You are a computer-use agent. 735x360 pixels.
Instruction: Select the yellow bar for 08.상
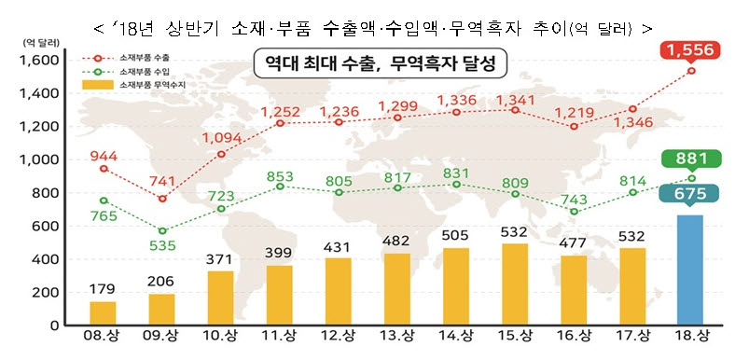104,313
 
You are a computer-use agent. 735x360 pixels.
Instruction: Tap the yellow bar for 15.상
515,284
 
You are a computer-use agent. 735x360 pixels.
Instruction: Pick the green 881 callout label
691,159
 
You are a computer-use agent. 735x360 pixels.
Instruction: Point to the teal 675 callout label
691,194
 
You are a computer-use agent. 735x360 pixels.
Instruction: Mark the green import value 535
161,246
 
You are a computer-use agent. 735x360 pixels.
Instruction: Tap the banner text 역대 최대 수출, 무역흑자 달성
375,64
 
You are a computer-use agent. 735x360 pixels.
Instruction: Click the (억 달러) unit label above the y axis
34,42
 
